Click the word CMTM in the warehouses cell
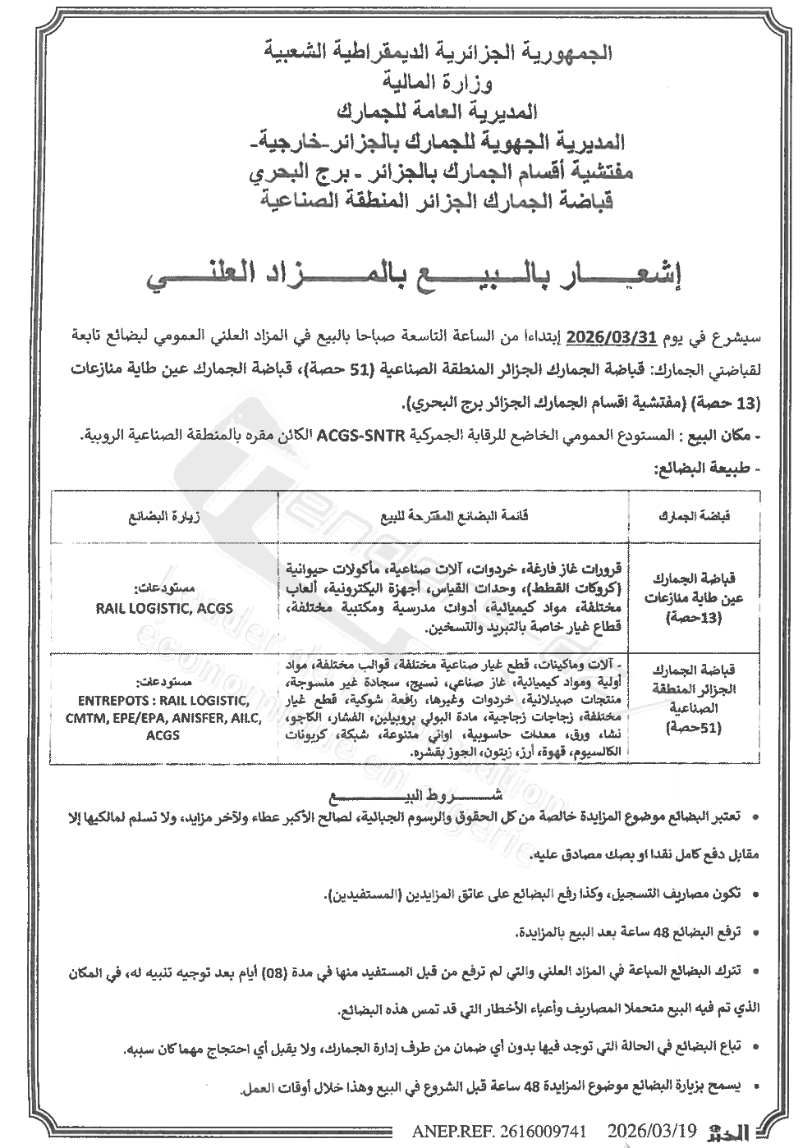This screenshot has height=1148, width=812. [x=80, y=718]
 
